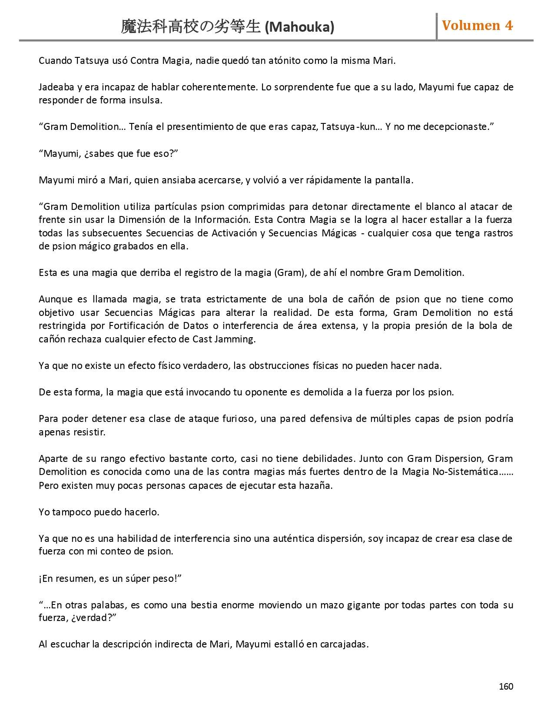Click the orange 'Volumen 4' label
(477, 26)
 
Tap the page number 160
(506, 686)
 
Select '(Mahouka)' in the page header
(299, 27)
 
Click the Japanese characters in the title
(191, 27)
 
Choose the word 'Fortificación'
(136, 326)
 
